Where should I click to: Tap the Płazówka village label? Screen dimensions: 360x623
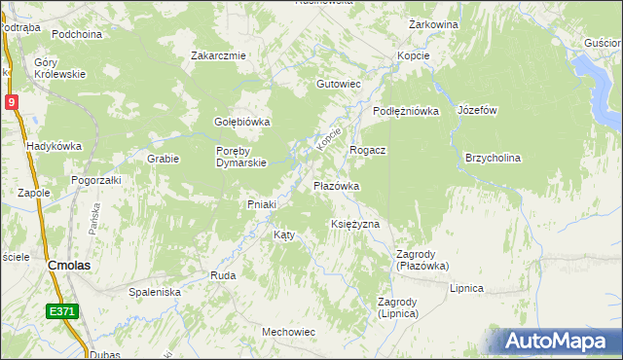[337, 185]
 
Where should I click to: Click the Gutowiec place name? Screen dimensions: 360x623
[338, 85]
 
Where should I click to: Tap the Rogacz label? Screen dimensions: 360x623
[368, 150]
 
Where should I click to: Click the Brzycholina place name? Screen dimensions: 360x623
[494, 158]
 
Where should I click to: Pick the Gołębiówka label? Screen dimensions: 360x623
[241, 122]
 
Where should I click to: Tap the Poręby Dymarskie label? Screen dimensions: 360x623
[241, 157]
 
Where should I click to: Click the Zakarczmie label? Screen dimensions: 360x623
[218, 55]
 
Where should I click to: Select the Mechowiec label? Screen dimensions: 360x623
[288, 332]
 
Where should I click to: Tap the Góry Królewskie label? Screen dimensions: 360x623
[60, 68]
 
